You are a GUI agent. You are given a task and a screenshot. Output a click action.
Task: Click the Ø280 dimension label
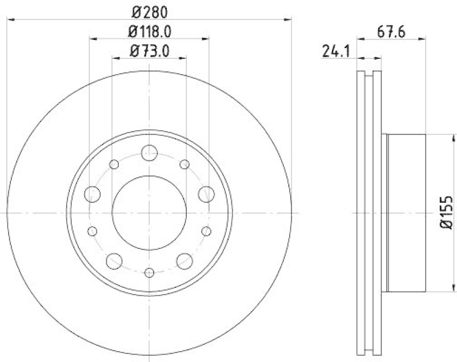(149, 11)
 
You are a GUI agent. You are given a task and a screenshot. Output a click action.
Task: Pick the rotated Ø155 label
(447, 212)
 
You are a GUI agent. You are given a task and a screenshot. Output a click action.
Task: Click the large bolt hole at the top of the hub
(149, 152)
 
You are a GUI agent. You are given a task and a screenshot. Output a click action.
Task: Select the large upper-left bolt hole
(92, 194)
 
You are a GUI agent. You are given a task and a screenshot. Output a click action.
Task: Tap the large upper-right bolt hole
(206, 194)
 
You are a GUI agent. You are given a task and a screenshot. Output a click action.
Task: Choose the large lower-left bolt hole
(114, 261)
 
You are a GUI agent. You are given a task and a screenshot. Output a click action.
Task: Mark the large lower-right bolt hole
(185, 261)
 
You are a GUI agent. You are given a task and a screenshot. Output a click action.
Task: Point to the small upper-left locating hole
(114, 164)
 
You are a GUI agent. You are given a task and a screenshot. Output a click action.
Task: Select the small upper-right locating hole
(185, 164)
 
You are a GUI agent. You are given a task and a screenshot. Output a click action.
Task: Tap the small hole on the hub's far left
(92, 231)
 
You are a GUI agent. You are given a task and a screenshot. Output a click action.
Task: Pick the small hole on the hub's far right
(207, 231)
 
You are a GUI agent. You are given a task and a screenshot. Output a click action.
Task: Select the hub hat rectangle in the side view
(406, 212)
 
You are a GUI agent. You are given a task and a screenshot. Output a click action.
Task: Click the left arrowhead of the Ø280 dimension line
(10, 20)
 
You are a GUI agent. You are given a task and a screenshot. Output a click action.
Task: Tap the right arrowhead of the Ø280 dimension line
(288, 20)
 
